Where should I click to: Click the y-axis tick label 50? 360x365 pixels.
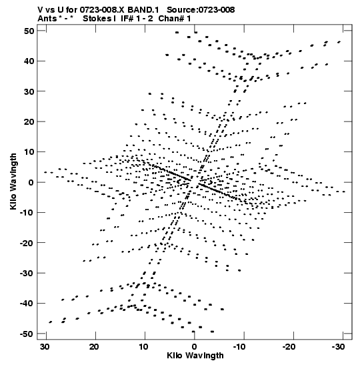tap(29, 31)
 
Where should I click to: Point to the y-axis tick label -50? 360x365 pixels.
tap(27, 334)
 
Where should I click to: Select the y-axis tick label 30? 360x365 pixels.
tap(29, 91)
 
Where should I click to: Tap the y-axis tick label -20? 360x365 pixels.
tap(27, 243)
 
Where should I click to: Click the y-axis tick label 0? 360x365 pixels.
tap(31, 182)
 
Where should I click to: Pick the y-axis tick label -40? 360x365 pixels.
tap(27, 304)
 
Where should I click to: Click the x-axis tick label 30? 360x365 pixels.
tap(45, 347)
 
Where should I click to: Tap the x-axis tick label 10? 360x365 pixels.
tap(144, 347)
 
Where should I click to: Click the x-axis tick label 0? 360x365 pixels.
tap(195, 347)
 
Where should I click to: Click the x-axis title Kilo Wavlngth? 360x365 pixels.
tap(195, 356)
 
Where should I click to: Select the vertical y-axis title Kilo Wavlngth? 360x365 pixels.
tap(13, 181)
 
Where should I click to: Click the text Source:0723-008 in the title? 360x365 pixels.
tap(201, 10)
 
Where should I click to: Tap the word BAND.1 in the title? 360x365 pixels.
tap(143, 10)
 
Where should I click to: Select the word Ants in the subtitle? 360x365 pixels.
tap(47, 19)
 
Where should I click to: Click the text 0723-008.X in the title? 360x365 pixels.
tap(102, 10)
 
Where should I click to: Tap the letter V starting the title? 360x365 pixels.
tap(40, 10)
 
